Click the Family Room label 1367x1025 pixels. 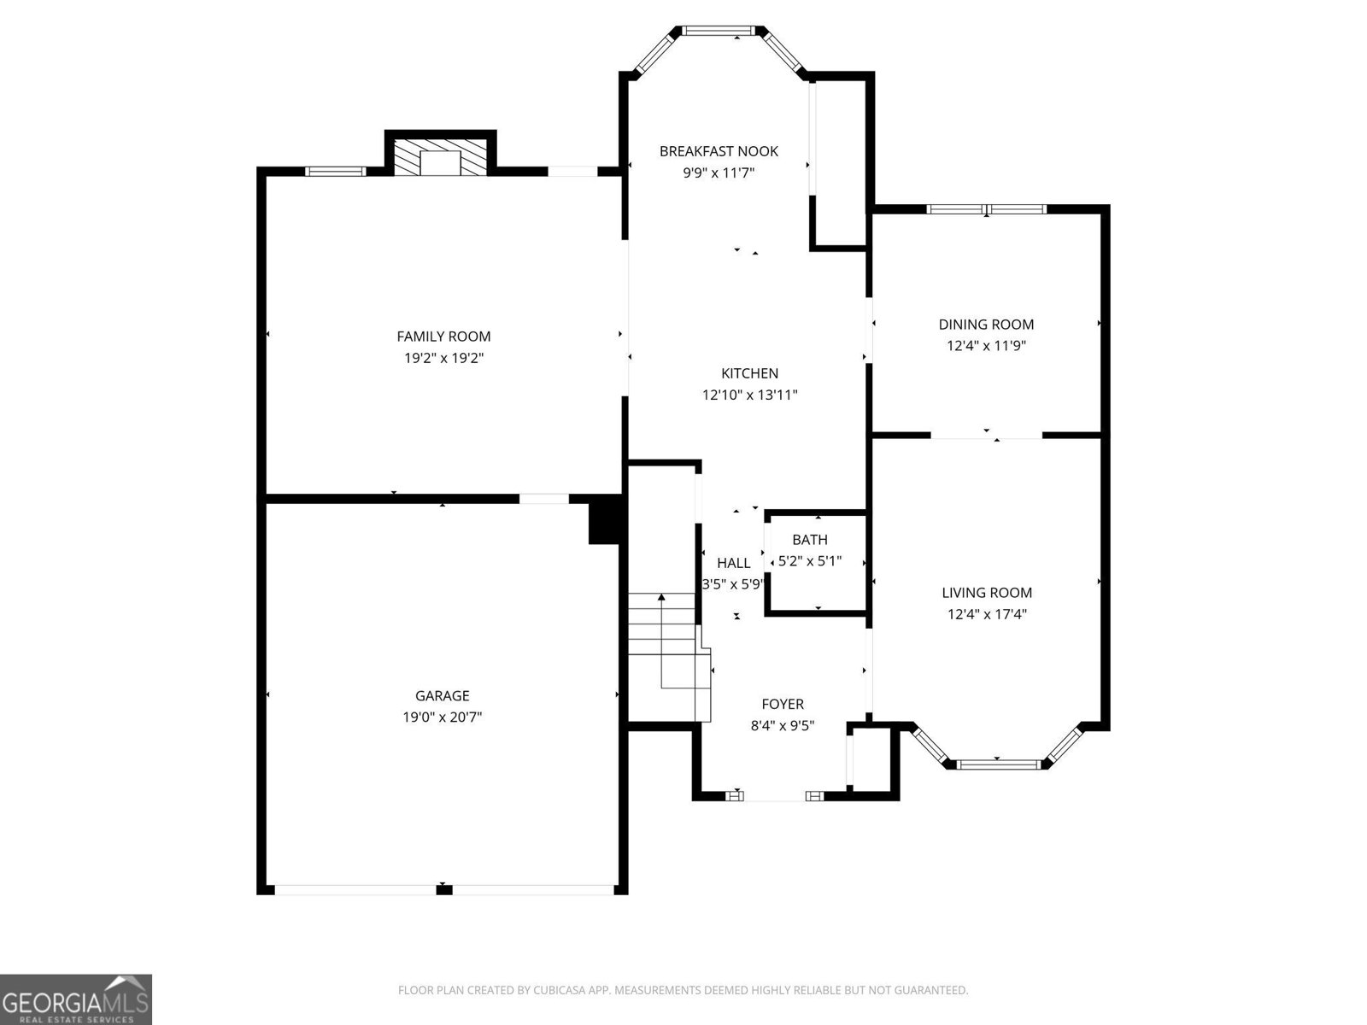point(443,337)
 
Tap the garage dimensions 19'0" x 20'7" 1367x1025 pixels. point(443,717)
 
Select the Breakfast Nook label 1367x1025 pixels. point(719,151)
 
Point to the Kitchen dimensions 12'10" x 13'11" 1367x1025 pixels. point(749,395)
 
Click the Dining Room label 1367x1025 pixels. point(986,325)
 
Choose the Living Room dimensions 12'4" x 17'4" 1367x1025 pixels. point(987,614)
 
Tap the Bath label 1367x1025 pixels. point(809,540)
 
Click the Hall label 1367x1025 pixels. point(733,563)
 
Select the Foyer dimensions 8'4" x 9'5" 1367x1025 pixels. point(783,726)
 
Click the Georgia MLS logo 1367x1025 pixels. point(75,999)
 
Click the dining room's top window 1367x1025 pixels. point(987,209)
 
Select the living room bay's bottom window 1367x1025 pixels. point(997,764)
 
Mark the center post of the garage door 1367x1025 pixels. point(443,890)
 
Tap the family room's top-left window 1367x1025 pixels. point(336,171)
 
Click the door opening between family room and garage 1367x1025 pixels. point(544,499)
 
